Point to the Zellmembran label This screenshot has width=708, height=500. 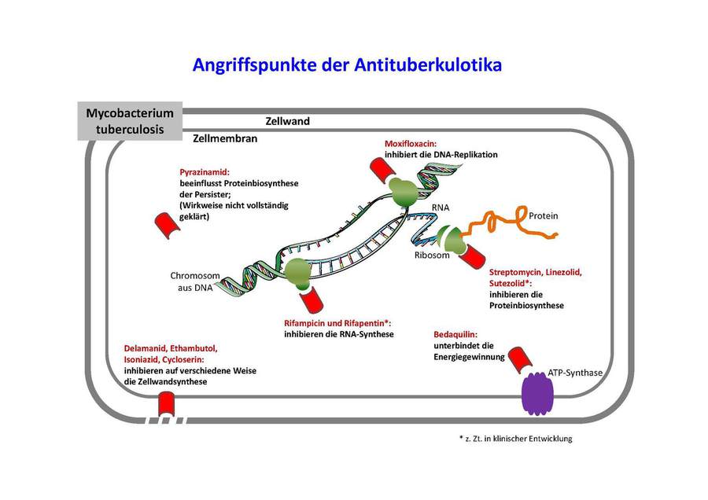pos(226,137)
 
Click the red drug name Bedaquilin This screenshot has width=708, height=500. pos(455,334)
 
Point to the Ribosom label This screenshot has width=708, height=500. pos(432,256)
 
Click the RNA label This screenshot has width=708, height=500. pos(440,208)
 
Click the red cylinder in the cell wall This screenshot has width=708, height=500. pos(167,405)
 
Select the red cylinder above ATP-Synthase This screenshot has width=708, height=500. pos(520,359)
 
